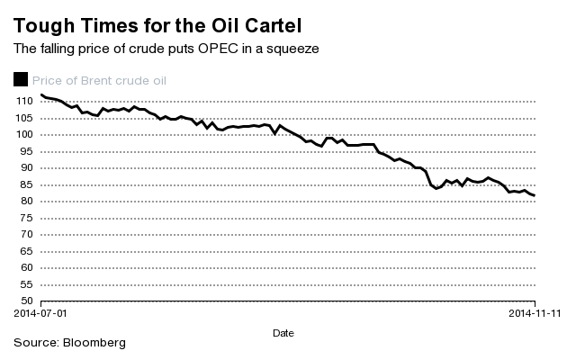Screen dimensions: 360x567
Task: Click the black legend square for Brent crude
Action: click(x=21, y=80)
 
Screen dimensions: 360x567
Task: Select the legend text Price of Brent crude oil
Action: click(x=99, y=80)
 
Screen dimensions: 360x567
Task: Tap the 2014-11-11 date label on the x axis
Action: click(x=535, y=314)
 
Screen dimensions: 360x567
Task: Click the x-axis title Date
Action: click(x=283, y=333)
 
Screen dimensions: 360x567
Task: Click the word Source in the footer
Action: click(x=34, y=344)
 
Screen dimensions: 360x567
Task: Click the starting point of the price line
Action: click(x=41, y=94)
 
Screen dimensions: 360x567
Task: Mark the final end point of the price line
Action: click(x=535, y=195)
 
